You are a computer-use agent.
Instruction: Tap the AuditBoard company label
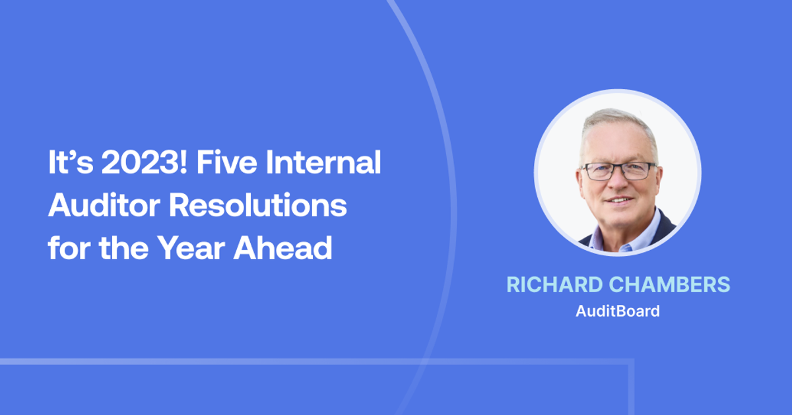pyautogui.click(x=618, y=311)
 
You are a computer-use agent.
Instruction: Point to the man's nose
pyautogui.click(x=619, y=185)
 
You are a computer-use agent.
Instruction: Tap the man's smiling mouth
pyautogui.click(x=620, y=199)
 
